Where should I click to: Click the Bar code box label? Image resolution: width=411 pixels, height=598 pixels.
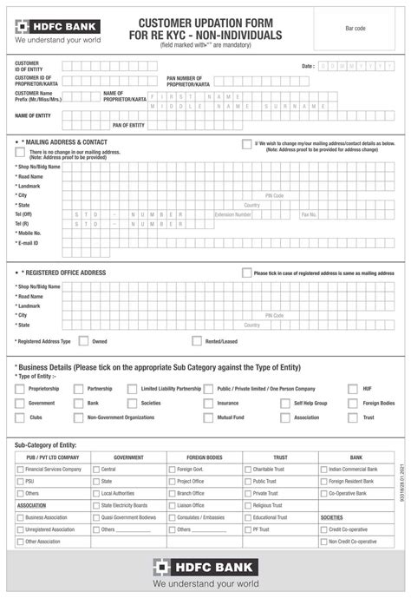point(356,29)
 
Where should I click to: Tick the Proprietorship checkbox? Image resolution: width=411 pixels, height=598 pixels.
point(20,390)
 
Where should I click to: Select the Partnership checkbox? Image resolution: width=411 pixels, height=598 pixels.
point(78,390)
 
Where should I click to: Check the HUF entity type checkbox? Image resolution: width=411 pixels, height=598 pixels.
point(353,390)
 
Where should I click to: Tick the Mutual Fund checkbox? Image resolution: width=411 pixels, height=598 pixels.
point(207,417)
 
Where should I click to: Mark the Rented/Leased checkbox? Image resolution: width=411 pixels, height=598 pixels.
point(197,341)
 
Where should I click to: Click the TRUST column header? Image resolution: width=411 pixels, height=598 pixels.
point(280,457)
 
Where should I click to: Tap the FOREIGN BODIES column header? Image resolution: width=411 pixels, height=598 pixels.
point(204,457)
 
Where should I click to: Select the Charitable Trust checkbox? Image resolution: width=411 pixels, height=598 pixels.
point(247,469)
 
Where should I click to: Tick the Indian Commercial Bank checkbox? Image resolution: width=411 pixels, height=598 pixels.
point(323,469)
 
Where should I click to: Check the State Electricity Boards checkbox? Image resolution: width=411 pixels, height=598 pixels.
point(95,505)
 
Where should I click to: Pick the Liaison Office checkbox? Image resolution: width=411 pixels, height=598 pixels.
point(171,505)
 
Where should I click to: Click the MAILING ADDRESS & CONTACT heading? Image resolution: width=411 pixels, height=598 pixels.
point(63,141)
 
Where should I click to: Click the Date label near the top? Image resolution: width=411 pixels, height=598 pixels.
point(308,66)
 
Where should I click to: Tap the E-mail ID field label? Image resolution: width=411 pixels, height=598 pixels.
point(29,244)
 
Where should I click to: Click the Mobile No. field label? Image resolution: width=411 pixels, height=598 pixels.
point(30,233)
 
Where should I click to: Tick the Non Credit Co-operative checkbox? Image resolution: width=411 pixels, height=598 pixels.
point(323,542)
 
